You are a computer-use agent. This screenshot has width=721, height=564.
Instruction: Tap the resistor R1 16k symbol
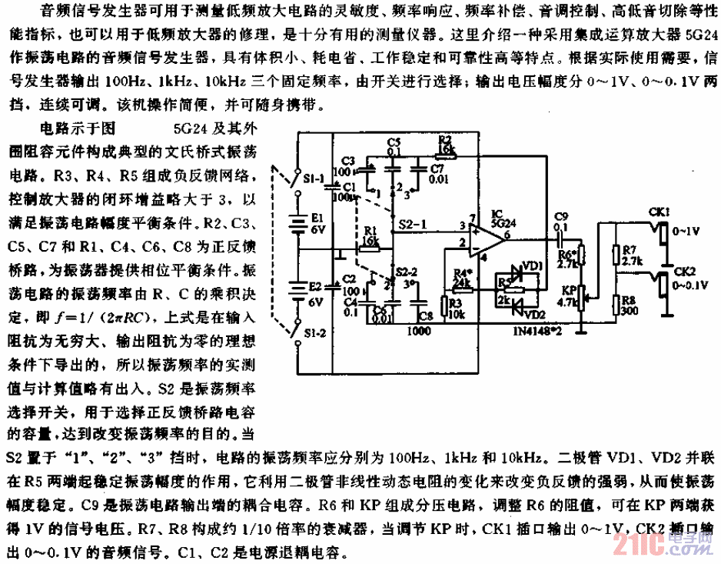pyautogui.click(x=370, y=248)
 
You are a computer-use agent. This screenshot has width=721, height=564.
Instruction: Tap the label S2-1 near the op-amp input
pyautogui.click(x=413, y=223)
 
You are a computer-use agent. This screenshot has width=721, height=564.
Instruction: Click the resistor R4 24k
pyautogui.click(x=462, y=282)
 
